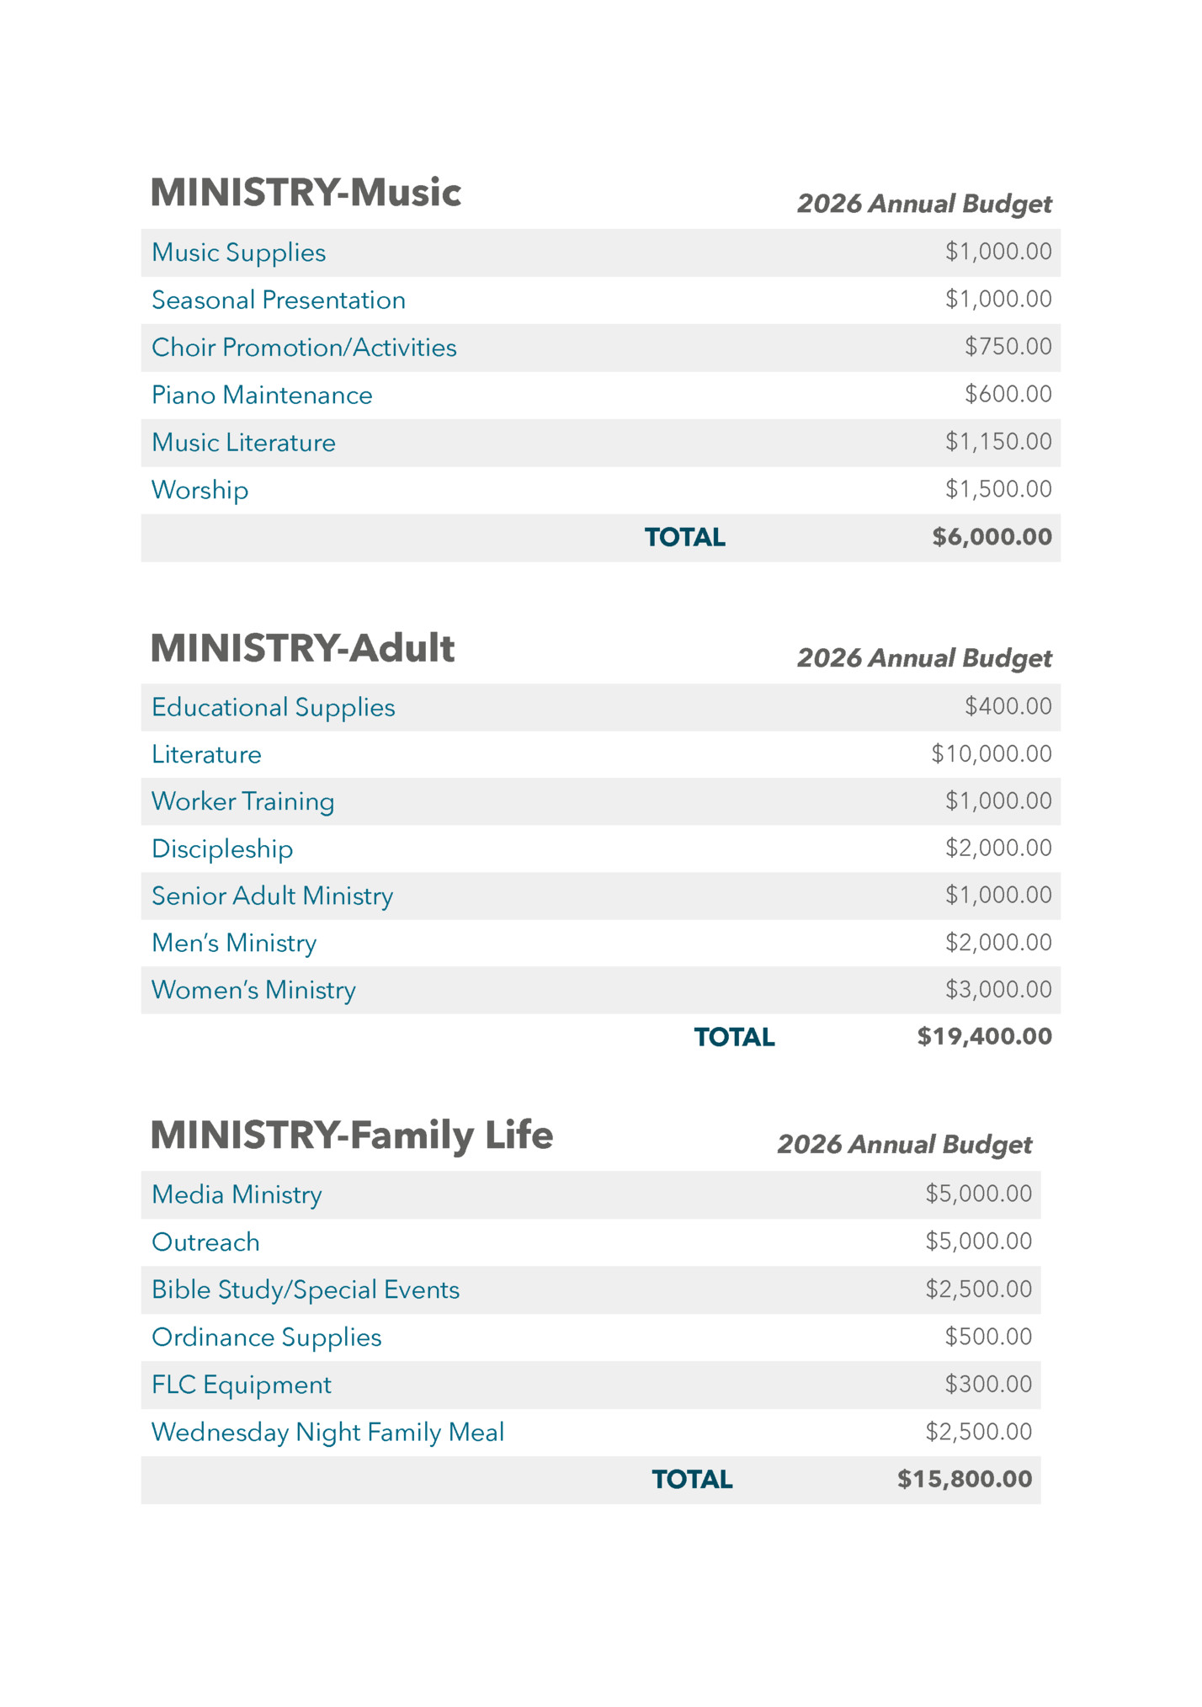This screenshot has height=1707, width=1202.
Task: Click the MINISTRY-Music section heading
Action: [306, 193]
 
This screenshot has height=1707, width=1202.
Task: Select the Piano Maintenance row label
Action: [262, 395]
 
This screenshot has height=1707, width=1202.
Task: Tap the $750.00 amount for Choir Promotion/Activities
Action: [1008, 347]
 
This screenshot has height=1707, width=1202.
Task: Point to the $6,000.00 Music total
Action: [992, 537]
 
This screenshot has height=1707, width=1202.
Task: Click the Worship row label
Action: [199, 490]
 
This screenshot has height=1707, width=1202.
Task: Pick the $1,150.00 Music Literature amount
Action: [998, 442]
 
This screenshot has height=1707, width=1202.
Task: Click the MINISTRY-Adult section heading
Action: [302, 648]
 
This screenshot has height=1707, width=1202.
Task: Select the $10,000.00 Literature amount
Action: [991, 753]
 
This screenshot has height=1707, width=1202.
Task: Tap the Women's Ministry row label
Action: [253, 990]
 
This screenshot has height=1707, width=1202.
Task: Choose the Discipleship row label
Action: [222, 848]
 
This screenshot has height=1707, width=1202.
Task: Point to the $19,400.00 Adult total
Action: [984, 1036]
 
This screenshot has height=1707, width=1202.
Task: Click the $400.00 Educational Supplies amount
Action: [1008, 706]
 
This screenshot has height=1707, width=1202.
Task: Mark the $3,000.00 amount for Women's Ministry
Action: [998, 989]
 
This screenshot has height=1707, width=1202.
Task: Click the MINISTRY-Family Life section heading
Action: [351, 1135]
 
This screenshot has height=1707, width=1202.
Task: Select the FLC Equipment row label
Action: [241, 1385]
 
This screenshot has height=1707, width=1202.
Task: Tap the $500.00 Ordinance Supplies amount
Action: [987, 1337]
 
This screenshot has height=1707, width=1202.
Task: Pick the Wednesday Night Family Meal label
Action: [327, 1432]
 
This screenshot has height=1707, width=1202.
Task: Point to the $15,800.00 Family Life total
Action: [964, 1479]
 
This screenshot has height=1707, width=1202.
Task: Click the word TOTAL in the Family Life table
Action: [692, 1480]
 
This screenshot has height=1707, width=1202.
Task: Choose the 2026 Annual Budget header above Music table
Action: [924, 204]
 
